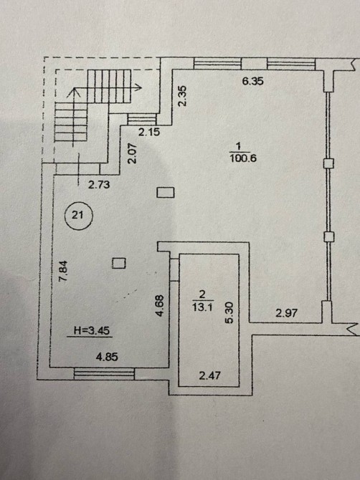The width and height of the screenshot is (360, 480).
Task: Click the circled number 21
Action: click(x=78, y=215)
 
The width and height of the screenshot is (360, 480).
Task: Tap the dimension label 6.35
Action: click(x=252, y=82)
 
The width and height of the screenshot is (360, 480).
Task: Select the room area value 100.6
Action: click(x=242, y=158)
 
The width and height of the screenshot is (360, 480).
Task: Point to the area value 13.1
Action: click(x=202, y=307)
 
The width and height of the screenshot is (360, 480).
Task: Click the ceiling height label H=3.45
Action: click(x=92, y=330)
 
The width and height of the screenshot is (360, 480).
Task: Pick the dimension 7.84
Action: click(x=63, y=271)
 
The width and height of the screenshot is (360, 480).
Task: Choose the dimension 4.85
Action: click(x=107, y=357)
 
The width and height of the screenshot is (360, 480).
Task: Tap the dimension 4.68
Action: click(x=160, y=305)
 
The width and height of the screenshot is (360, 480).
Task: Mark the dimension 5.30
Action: click(x=230, y=312)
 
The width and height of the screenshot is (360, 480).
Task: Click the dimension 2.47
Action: click(x=209, y=375)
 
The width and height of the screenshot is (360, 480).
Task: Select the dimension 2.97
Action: click(x=286, y=313)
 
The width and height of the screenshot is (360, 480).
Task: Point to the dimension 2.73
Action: click(x=99, y=185)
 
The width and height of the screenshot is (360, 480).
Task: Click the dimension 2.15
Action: click(x=149, y=133)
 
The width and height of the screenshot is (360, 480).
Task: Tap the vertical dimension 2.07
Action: click(x=132, y=153)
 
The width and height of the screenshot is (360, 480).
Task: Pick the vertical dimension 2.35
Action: click(x=182, y=96)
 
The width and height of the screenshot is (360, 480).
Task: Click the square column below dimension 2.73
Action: click(x=166, y=193)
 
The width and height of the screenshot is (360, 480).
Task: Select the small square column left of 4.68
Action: click(x=119, y=263)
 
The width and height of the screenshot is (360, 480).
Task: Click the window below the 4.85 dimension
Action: click(x=104, y=373)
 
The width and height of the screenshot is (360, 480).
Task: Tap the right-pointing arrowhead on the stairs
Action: click(x=138, y=87)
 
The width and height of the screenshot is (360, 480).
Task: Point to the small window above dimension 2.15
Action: click(x=142, y=119)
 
